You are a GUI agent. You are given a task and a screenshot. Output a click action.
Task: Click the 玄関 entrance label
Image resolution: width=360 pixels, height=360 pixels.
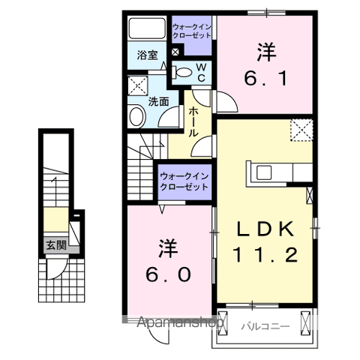click(55, 244)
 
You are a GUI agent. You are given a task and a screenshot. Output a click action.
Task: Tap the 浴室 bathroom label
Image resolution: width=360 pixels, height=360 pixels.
click(147, 55)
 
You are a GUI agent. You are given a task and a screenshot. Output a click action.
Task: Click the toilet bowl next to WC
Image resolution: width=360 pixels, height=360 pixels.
click(182, 73)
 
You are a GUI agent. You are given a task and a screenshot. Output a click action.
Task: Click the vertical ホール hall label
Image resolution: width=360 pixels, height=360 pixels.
click(193, 121)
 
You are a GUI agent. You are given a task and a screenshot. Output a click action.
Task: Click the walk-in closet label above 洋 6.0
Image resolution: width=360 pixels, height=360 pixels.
click(184, 181)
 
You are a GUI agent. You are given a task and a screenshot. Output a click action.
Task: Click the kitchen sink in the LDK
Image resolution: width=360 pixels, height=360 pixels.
click(265, 171)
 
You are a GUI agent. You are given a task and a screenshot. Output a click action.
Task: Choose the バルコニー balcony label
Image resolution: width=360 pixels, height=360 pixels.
click(265, 326)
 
